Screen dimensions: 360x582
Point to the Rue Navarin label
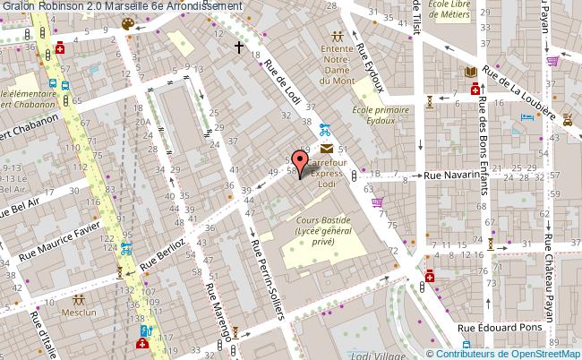(447, 176)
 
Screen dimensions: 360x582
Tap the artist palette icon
(128, 24)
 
